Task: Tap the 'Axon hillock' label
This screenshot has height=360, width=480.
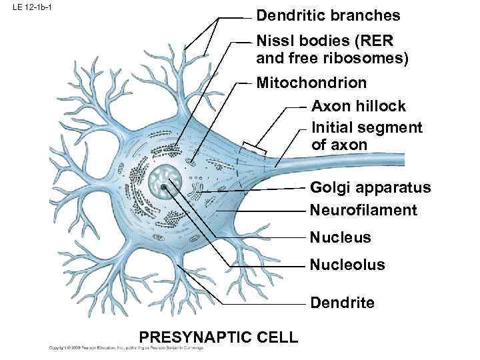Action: (x=359, y=106)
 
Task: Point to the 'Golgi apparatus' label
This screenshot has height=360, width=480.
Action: (x=371, y=188)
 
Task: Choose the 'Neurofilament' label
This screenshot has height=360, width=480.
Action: (x=364, y=211)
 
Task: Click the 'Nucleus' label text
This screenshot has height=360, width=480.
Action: (x=341, y=237)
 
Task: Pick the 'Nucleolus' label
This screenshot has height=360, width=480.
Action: (x=347, y=265)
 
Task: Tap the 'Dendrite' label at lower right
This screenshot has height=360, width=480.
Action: (x=343, y=303)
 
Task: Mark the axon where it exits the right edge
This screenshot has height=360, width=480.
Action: (x=400, y=159)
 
